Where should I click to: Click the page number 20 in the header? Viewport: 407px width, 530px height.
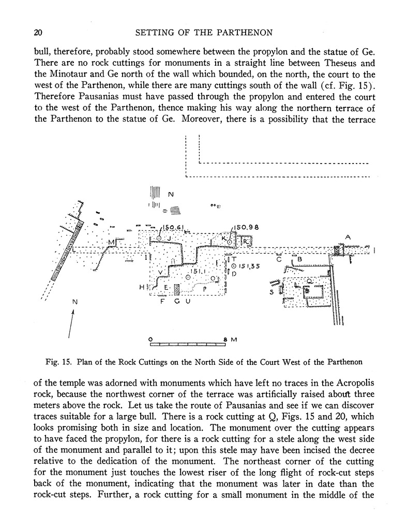pos(37,33)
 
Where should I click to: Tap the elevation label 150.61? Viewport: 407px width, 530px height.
pos(173,227)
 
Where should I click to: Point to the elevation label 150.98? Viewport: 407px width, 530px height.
pos(246,227)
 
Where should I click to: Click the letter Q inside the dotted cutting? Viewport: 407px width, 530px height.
pos(309,281)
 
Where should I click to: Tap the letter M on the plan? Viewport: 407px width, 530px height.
pos(111,242)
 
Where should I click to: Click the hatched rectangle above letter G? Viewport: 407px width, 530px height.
pos(177,289)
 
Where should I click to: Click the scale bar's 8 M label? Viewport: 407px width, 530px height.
pos(230,340)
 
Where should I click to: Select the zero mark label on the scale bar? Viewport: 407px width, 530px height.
pos(150,340)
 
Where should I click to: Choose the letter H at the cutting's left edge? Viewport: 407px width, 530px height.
pos(141,287)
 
